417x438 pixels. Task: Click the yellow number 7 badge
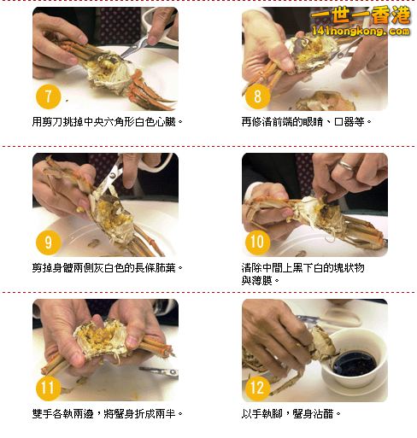coord(48,96)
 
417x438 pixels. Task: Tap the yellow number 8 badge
coord(257,96)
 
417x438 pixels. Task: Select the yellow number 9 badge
coord(48,242)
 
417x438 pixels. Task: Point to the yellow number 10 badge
coord(257,242)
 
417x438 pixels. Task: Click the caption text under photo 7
coord(108,122)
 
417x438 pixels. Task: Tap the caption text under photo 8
coord(307,122)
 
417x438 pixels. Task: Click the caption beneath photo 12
coord(291,413)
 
